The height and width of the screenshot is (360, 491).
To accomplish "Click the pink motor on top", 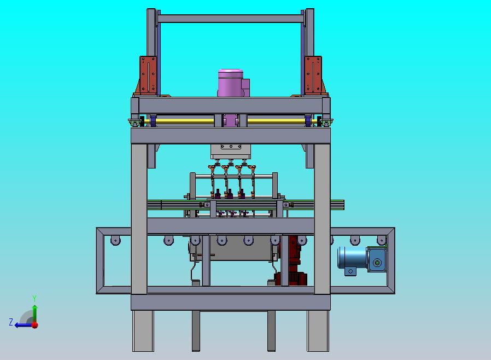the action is click(231, 83).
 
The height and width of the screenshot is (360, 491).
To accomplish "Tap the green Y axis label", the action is click(34, 298).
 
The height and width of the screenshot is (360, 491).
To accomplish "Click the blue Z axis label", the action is click(11, 322).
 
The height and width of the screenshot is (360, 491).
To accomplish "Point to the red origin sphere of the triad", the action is click(35, 325).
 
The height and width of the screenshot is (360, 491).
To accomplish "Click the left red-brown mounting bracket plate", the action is click(148, 75).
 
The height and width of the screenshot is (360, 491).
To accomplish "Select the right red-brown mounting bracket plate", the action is click(313, 75).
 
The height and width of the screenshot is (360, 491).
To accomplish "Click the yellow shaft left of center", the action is click(185, 121).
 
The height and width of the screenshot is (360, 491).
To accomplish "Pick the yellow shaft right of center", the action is click(276, 121).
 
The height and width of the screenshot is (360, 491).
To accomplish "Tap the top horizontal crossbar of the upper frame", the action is click(231, 19).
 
